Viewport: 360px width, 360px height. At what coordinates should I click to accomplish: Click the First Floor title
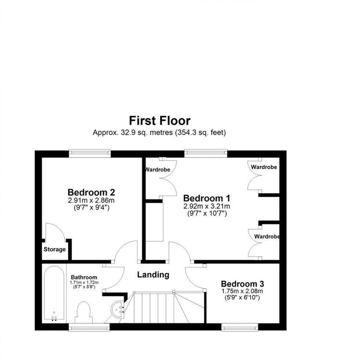[x=159, y=120]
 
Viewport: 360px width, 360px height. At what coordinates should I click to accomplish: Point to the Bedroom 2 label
[x=91, y=192]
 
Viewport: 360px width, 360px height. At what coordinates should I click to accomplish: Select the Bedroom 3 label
[x=242, y=284]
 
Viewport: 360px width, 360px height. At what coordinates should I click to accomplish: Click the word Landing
[x=153, y=274]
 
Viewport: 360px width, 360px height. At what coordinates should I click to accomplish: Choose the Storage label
[x=55, y=249]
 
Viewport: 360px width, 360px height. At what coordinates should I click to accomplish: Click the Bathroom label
[x=84, y=277]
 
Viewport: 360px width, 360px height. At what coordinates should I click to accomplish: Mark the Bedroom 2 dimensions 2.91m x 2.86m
[x=91, y=201]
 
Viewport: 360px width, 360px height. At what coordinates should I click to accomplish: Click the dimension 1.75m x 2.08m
[x=242, y=291]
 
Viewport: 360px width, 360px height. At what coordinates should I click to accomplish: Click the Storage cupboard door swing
[x=55, y=231]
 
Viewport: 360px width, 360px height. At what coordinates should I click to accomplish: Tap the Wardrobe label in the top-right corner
[x=264, y=167]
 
